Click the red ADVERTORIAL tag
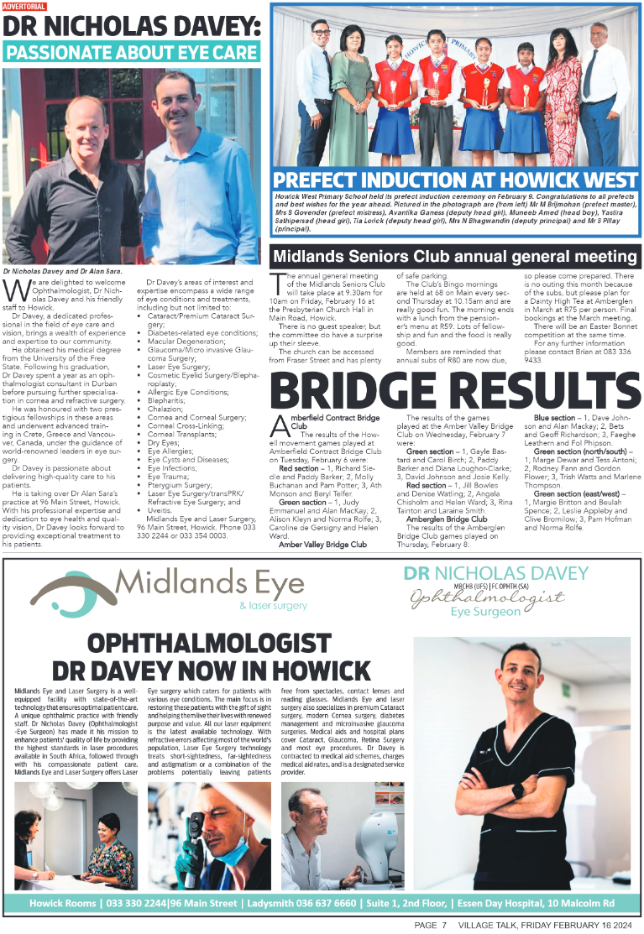[24, 7]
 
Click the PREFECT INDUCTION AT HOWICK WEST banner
[455, 180]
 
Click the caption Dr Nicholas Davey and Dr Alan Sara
[62, 271]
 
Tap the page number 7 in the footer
[442, 925]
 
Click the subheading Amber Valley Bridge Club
[322, 544]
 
